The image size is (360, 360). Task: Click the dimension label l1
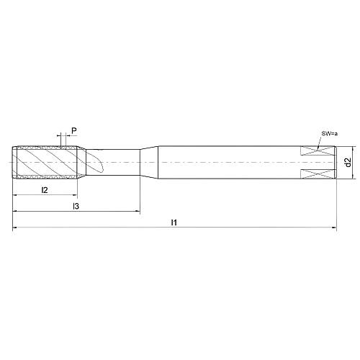[x=174, y=222]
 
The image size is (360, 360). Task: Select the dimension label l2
[x=45, y=190]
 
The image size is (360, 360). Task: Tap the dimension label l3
[x=76, y=206]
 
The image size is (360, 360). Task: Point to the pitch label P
[x=74, y=131]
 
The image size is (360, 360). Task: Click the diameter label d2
[x=348, y=162]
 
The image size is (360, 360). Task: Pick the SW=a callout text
[x=330, y=134]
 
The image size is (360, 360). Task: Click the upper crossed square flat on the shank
[x=318, y=150]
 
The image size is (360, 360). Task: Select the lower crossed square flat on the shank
[x=318, y=174]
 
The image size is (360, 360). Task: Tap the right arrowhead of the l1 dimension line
[x=334, y=228]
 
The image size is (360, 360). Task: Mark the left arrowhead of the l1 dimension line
[x=15, y=227]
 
